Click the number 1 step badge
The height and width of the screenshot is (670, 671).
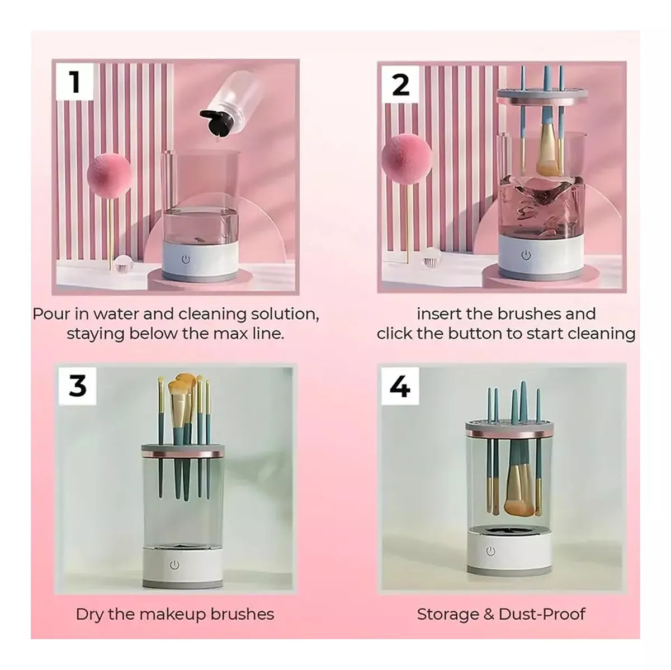(75, 83)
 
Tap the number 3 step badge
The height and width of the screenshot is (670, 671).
(78, 386)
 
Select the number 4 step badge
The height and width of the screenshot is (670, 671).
(400, 386)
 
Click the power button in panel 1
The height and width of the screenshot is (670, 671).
(186, 260)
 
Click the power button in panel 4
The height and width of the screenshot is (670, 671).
(491, 552)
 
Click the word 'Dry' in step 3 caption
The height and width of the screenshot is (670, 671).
(90, 615)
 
